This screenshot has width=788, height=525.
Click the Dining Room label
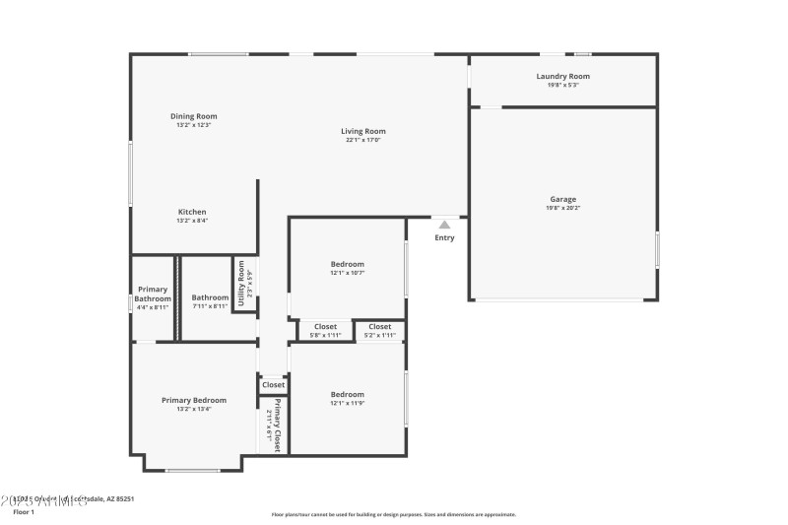(x=194, y=116)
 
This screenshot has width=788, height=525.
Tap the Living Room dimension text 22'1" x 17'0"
(x=363, y=140)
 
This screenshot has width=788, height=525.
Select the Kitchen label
(x=192, y=212)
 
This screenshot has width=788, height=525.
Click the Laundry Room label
(x=563, y=76)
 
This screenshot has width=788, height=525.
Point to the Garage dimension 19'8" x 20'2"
(x=563, y=208)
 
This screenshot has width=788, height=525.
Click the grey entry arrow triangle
(x=444, y=225)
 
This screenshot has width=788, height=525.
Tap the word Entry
(x=445, y=237)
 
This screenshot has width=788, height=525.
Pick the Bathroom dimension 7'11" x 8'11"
(x=210, y=306)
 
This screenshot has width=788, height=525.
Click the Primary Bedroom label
(x=194, y=400)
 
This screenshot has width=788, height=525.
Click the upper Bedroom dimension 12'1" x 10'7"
(x=347, y=273)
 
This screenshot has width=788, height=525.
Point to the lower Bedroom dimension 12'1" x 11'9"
(x=347, y=403)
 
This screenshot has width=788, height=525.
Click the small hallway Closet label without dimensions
(x=273, y=384)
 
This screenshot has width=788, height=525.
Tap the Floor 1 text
(x=24, y=512)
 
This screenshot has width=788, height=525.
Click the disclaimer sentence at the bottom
(x=393, y=514)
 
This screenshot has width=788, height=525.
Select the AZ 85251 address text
(x=115, y=499)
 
